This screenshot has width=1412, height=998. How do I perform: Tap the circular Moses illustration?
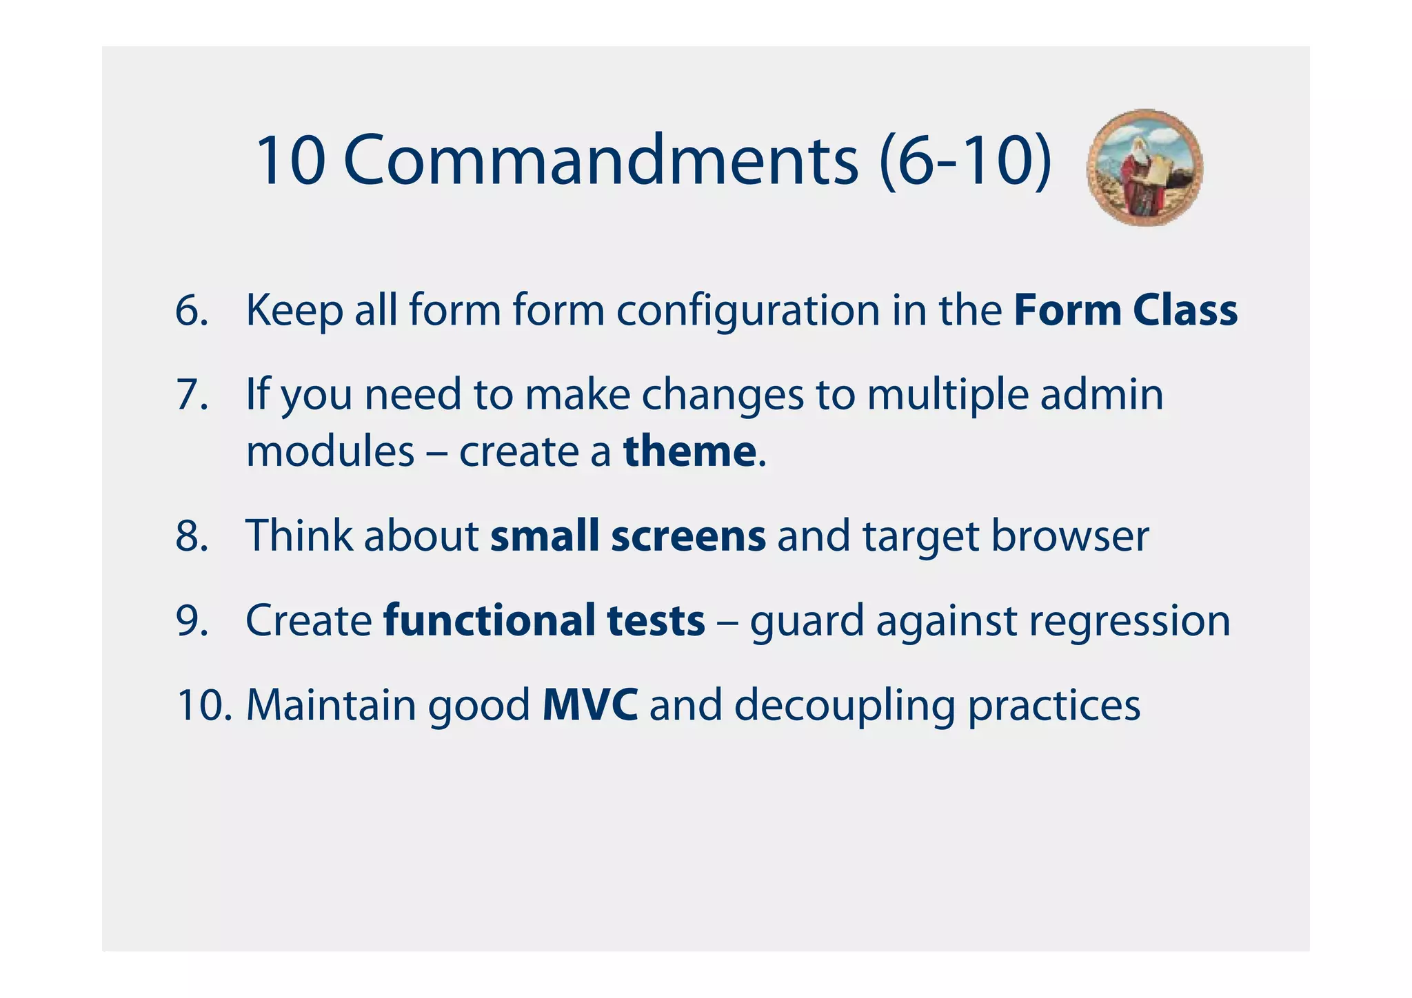(x=1144, y=167)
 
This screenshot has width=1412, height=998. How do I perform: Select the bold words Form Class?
(x=1125, y=310)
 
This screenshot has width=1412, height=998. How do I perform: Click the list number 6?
(x=192, y=310)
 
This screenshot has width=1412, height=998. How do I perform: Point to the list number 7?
(x=192, y=395)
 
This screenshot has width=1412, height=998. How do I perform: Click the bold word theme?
(x=689, y=451)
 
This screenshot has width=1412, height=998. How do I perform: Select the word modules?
(x=330, y=451)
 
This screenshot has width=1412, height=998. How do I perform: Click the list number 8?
(x=192, y=536)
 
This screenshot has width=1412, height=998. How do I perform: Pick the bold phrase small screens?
(x=627, y=536)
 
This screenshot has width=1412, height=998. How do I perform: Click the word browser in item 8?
(x=1069, y=536)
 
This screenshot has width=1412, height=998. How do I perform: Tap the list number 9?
(x=192, y=620)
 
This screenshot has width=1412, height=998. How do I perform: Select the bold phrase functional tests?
(x=544, y=620)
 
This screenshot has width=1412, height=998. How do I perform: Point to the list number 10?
(x=204, y=705)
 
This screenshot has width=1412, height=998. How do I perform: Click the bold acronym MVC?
(x=590, y=705)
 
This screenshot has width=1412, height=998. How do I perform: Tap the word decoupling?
(x=844, y=706)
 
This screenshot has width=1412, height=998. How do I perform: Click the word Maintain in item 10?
(x=331, y=705)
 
